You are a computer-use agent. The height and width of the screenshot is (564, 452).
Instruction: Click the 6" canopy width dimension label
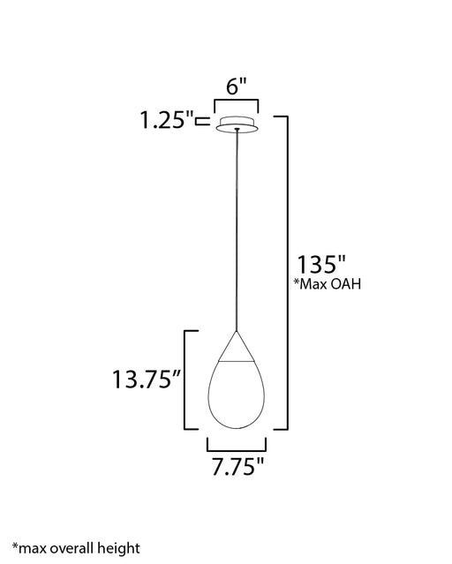pos(237,86)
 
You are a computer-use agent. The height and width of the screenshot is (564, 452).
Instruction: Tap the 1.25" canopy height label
pos(167,120)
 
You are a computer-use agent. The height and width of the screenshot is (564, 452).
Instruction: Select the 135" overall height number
pos(320,265)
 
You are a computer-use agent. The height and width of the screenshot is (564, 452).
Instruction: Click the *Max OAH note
pos(328,284)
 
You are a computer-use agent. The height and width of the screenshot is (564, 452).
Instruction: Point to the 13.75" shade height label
pos(147,379)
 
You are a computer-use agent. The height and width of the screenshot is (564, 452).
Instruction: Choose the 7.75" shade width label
pos(237,467)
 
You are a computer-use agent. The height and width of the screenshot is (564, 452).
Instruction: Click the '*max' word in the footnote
pos(29,548)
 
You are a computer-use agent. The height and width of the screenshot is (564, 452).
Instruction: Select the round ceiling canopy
pos(237,124)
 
